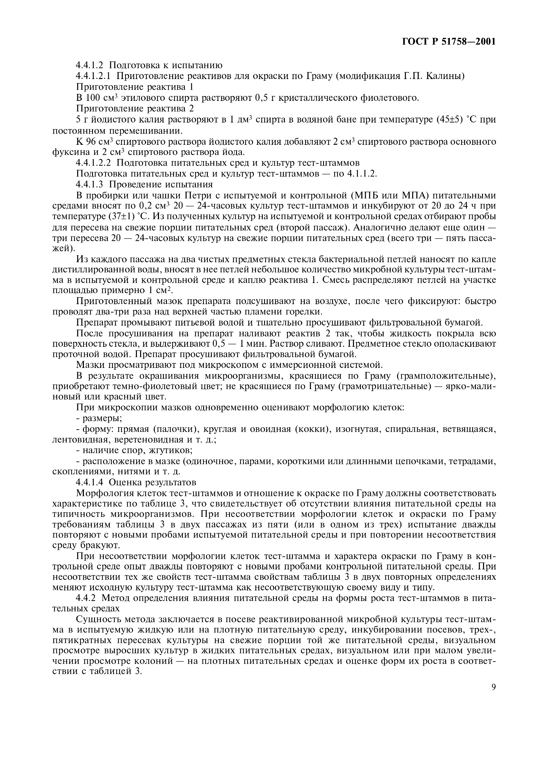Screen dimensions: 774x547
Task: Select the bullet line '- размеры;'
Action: point(99,418)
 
